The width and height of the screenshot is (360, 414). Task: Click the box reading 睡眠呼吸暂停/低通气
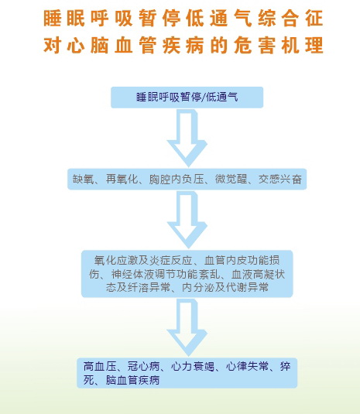(x=187, y=98)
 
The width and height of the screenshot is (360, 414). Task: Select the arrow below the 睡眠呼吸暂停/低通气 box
(x=187, y=138)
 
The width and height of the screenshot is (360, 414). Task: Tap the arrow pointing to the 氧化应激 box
(x=187, y=220)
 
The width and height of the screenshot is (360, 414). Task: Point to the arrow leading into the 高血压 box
(x=187, y=327)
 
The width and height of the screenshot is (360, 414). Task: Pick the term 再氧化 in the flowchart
(x=122, y=180)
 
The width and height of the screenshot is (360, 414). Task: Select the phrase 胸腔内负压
(x=177, y=180)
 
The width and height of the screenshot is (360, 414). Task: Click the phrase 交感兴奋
(x=280, y=180)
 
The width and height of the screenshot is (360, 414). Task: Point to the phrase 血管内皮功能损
(x=242, y=261)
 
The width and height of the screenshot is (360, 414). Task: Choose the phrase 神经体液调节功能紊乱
(x=166, y=275)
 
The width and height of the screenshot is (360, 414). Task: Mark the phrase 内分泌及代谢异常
(x=225, y=287)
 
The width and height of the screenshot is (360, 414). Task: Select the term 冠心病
(x=144, y=367)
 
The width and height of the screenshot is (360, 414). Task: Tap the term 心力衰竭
(x=193, y=367)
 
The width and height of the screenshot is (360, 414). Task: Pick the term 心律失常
(x=248, y=367)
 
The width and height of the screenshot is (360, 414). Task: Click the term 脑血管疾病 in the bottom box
(x=133, y=380)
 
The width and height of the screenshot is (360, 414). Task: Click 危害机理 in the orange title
(x=279, y=45)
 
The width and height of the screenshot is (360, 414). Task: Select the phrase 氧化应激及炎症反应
(x=143, y=261)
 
